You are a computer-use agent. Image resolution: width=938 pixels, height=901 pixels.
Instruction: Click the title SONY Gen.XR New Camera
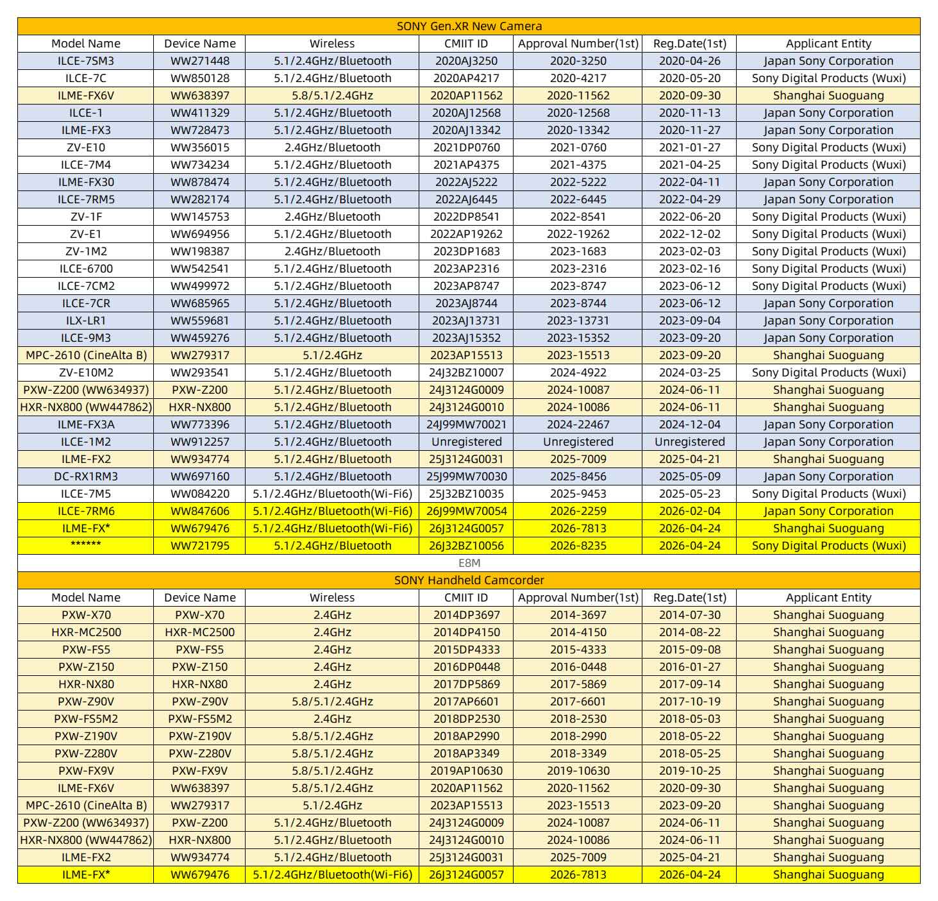(469, 26)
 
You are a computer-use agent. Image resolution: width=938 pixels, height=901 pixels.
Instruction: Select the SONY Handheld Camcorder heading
(469, 580)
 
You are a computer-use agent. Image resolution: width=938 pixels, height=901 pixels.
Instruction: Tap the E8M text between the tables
(469, 563)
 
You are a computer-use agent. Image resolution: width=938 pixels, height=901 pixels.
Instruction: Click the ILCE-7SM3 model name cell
(86, 61)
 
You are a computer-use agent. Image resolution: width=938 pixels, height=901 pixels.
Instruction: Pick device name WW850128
(199, 78)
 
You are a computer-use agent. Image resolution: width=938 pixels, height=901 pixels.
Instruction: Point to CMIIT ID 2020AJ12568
(466, 113)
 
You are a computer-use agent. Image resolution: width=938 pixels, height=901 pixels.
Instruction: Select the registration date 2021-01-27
(689, 147)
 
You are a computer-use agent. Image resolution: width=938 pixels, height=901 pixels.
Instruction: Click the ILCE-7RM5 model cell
(86, 199)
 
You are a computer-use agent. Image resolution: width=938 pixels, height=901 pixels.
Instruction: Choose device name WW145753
(199, 217)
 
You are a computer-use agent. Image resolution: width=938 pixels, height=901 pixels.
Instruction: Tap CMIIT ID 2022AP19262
(466, 234)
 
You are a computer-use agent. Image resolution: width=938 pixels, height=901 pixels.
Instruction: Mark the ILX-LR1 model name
(86, 321)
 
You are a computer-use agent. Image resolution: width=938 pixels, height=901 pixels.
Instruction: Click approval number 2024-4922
(578, 373)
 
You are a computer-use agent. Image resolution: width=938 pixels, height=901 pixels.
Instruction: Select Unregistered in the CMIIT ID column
(466, 442)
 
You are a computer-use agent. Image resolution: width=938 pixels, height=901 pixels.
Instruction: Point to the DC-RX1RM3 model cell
(86, 476)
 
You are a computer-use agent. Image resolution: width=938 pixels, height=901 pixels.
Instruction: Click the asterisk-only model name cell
(86, 546)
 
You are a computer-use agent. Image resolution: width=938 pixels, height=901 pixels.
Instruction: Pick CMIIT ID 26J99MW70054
(466, 511)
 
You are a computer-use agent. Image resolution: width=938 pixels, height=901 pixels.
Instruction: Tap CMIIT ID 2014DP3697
(466, 615)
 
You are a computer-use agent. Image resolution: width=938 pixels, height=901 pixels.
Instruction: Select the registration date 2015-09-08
(689, 650)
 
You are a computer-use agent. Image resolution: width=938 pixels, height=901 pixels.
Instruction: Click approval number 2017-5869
(578, 684)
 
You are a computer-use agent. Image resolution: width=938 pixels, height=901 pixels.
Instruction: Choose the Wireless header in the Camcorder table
(331, 598)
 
